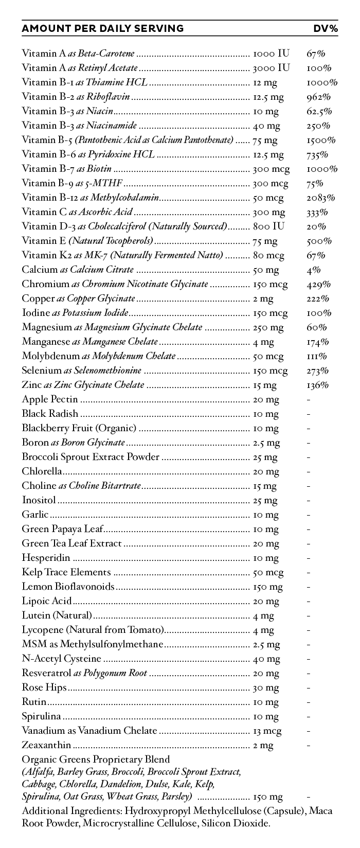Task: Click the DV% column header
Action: (326, 28)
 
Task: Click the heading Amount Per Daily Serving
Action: (102, 28)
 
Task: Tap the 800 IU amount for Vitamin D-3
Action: (269, 226)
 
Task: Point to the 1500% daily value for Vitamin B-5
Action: (321, 140)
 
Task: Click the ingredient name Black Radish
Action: (50, 414)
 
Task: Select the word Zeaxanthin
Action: (46, 745)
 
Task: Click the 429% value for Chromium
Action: (318, 284)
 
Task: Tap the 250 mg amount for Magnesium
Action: (268, 327)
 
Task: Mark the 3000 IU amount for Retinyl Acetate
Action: (271, 68)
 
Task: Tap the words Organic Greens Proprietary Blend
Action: (96, 759)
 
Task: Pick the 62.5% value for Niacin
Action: (319, 111)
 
